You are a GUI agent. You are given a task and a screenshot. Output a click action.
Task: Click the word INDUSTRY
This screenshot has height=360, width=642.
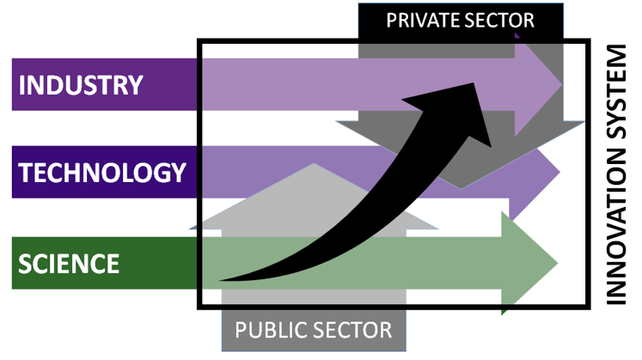click(80, 85)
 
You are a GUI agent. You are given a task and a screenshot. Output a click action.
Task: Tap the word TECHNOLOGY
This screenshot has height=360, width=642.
click(102, 173)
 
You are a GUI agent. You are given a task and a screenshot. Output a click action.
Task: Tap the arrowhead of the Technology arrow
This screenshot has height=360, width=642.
click(537, 173)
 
